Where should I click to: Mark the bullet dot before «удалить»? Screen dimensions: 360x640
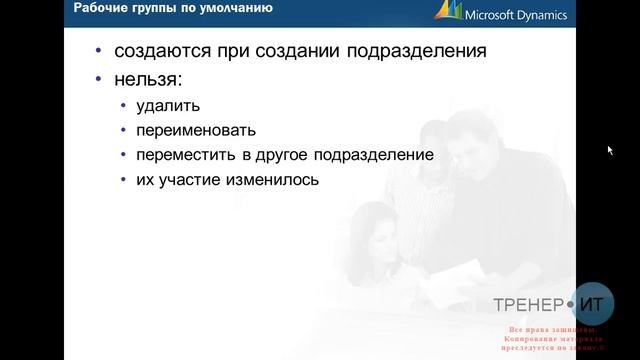point(122,106)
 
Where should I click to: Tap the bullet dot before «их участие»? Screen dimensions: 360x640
point(122,182)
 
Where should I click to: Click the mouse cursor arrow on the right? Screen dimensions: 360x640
point(611,151)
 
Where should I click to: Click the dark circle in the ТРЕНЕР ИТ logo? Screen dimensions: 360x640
point(573,303)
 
